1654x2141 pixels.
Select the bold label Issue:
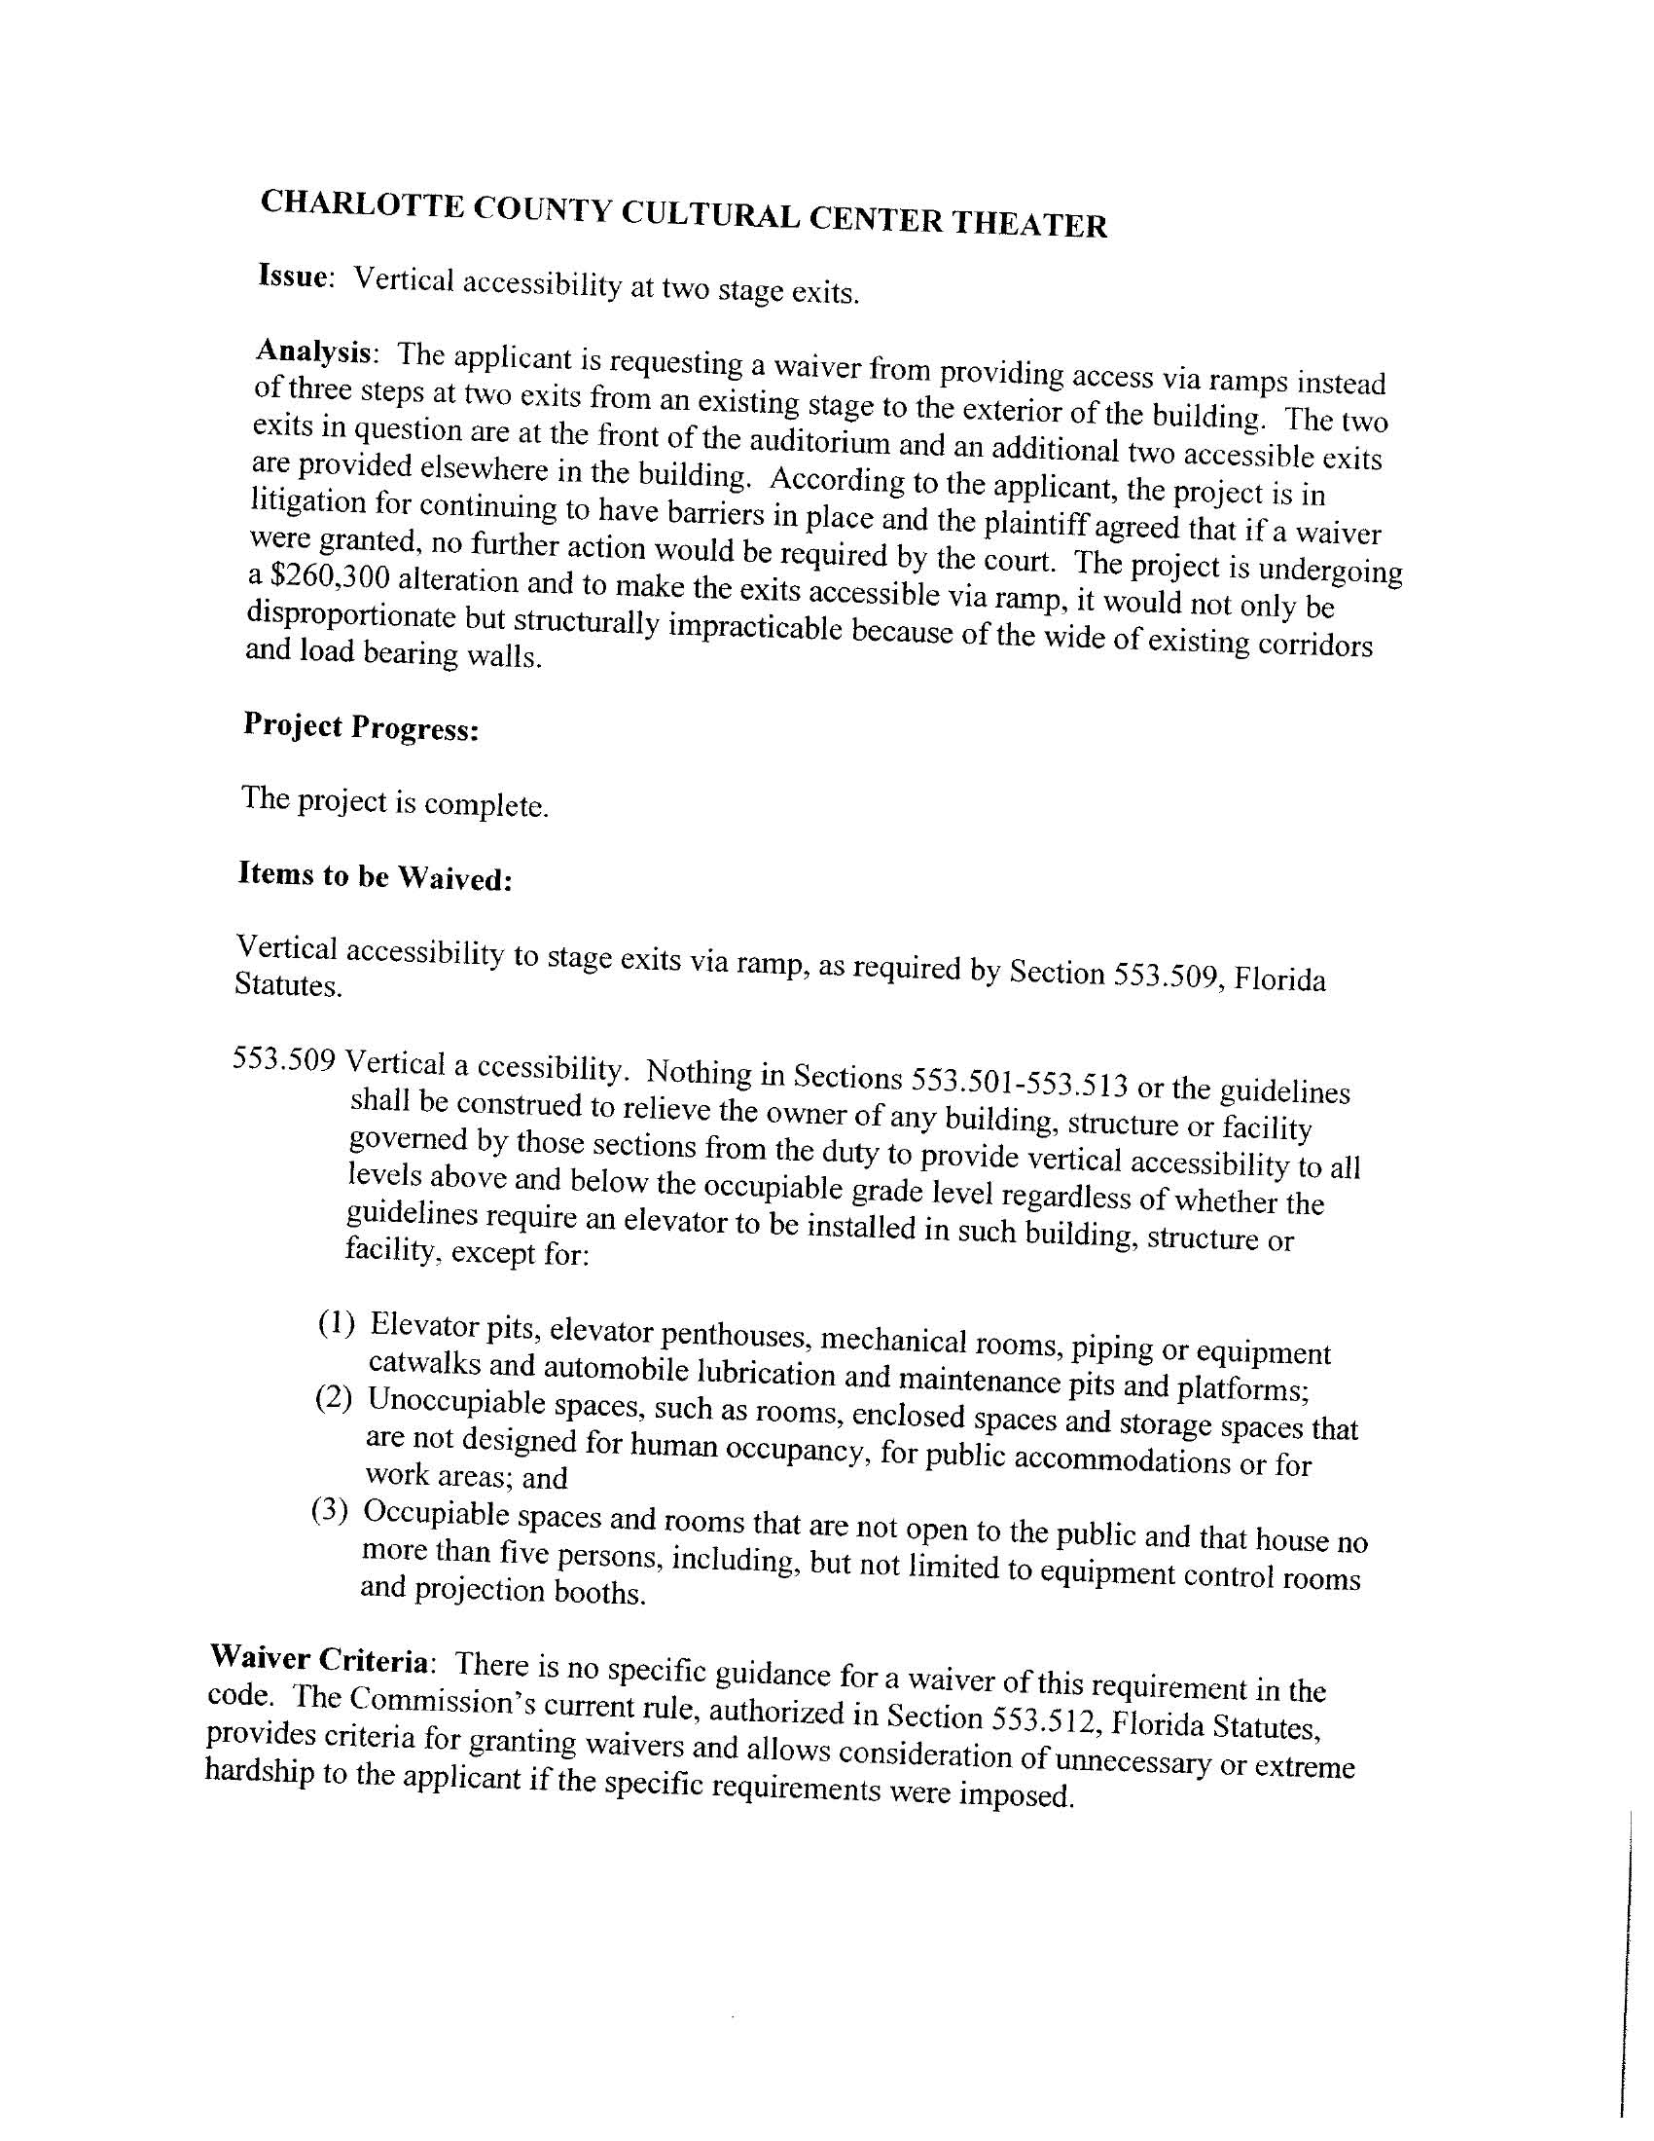coord(293,277)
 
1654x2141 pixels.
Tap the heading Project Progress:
coord(361,727)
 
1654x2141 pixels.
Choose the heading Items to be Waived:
coord(375,875)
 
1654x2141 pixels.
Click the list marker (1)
coord(335,1325)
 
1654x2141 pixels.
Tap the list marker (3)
coord(329,1510)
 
